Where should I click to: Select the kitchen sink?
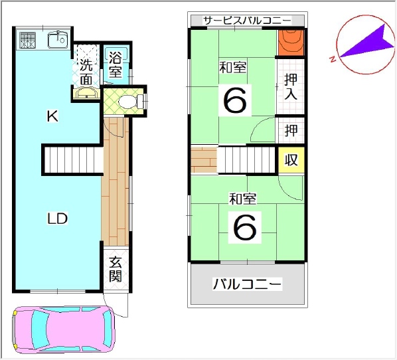tap(58, 40)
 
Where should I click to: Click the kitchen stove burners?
tap(28, 41)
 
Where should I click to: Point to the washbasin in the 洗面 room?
tap(87, 93)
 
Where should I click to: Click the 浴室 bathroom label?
tap(116, 64)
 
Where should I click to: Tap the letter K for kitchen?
tap(52, 116)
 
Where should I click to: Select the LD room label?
tap(58, 219)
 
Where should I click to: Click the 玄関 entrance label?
tap(116, 269)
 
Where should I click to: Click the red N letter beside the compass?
tap(333, 59)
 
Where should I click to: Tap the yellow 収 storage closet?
tap(291, 160)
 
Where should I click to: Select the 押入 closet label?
tap(291, 87)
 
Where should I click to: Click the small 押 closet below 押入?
tap(291, 130)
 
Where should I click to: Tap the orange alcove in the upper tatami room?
tap(291, 43)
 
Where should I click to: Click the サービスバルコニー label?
tap(248, 21)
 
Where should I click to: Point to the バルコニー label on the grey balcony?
tap(248, 284)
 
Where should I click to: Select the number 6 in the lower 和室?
tap(244, 227)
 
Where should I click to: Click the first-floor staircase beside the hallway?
tap(74, 159)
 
